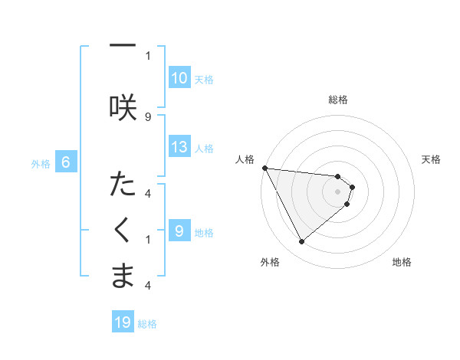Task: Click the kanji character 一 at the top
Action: pyautogui.click(x=123, y=46)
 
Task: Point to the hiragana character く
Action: pyautogui.click(x=123, y=231)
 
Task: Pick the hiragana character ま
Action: pyautogui.click(x=123, y=277)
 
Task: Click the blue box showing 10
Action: pyautogui.click(x=179, y=78)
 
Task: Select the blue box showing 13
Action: pyautogui.click(x=179, y=147)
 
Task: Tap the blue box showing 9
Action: pyautogui.click(x=179, y=231)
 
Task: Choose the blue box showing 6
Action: pyautogui.click(x=67, y=162)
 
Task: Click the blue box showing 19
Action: pyautogui.click(x=123, y=322)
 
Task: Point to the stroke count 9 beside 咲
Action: pyautogui.click(x=148, y=116)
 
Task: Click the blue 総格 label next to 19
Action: pyautogui.click(x=147, y=324)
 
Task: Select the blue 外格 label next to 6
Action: pyautogui.click(x=40, y=163)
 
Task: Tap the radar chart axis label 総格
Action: pyautogui.click(x=338, y=100)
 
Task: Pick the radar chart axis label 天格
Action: pyautogui.click(x=432, y=159)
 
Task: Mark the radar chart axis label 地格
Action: pyautogui.click(x=402, y=262)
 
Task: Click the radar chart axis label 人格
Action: pyautogui.click(x=245, y=159)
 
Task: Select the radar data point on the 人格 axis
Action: pyautogui.click(x=264, y=168)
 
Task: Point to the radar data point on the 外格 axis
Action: pyautogui.click(x=302, y=242)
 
